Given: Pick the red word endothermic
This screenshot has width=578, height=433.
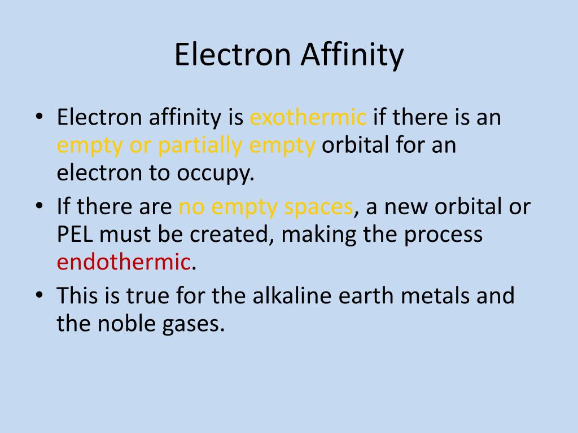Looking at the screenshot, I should (123, 262).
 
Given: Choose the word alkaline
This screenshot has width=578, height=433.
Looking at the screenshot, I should (291, 295).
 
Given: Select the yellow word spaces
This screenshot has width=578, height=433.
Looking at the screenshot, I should (318, 207).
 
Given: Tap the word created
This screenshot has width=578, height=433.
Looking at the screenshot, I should (229, 234).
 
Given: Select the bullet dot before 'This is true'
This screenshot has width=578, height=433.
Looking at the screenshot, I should (38, 296).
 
